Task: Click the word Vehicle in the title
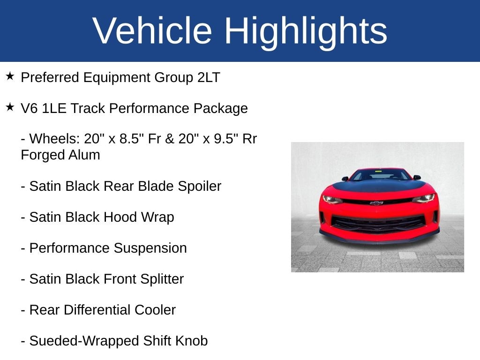click(x=152, y=31)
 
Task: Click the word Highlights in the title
click(x=306, y=31)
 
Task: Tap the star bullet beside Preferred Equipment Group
click(x=10, y=76)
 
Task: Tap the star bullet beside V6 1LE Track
click(x=10, y=107)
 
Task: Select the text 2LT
click(x=209, y=77)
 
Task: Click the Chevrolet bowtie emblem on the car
click(x=376, y=203)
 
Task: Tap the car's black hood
click(x=377, y=186)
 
